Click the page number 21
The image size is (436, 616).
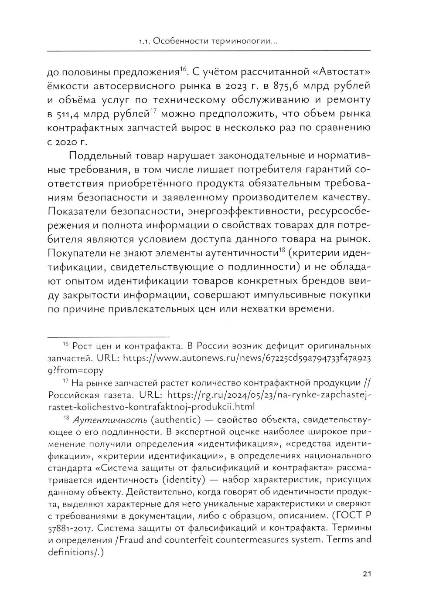click(x=366, y=574)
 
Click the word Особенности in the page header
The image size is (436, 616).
click(x=177, y=42)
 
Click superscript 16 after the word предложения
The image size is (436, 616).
click(x=184, y=68)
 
